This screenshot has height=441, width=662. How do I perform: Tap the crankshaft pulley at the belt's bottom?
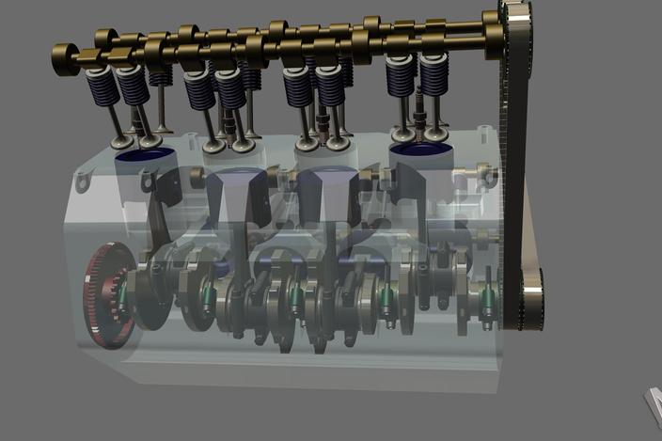pyautogui.click(x=528, y=299)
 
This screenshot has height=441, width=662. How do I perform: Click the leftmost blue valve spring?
pyautogui.click(x=101, y=87)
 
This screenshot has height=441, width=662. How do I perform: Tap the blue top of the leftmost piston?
pyautogui.click(x=142, y=154)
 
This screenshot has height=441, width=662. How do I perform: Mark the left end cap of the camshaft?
pyautogui.click(x=65, y=60)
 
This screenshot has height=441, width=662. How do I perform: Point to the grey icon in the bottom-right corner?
pyautogui.click(x=652, y=404)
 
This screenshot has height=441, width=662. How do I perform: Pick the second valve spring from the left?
pyautogui.click(x=132, y=86)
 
